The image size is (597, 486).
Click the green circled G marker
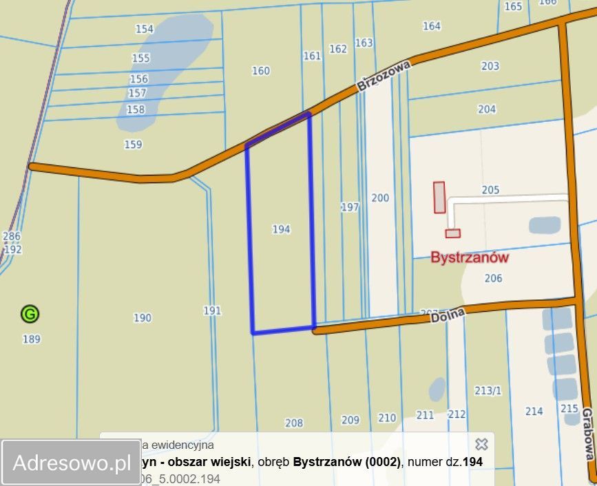click(30, 315)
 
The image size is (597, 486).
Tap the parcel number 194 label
click(281, 229)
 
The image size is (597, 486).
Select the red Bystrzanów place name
click(470, 257)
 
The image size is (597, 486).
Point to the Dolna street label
click(448, 315)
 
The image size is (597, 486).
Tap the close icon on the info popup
click(481, 444)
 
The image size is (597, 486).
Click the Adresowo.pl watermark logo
click(72, 463)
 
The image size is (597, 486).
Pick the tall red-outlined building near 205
click(439, 197)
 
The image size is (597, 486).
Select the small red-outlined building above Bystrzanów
click(452, 233)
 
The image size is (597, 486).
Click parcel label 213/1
click(488, 390)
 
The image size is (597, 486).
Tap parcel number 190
click(143, 317)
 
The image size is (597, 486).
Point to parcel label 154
click(145, 29)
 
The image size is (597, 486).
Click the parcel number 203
click(490, 66)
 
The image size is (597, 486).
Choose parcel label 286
click(12, 236)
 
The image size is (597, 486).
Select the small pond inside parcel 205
click(545, 225)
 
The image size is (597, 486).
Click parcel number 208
click(294, 423)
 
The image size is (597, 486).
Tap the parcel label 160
click(261, 70)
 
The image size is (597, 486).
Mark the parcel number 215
click(569, 408)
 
